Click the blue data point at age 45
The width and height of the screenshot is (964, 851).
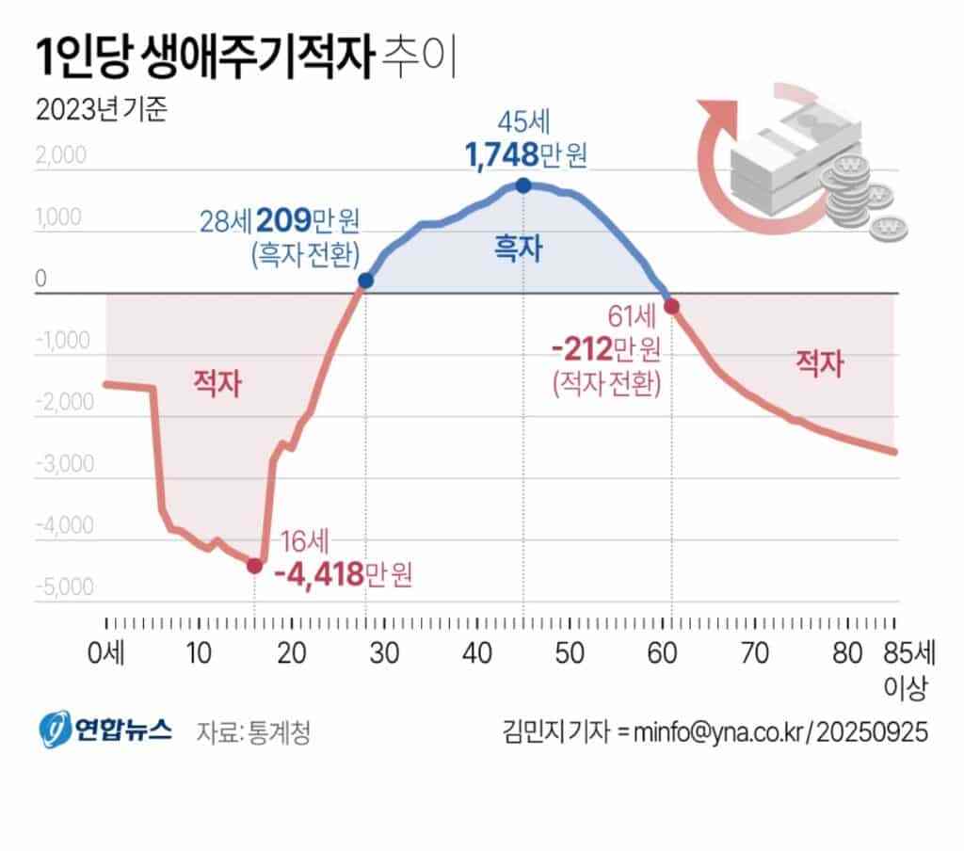523,185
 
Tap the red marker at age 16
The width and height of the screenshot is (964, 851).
254,565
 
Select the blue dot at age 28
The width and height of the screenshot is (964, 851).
365,281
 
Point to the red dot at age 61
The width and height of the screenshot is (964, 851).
671,306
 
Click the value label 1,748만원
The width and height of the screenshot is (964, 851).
525,153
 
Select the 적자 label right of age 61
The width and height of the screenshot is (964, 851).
819,362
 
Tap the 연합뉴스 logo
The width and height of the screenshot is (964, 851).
104,730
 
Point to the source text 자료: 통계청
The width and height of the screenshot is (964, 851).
253,731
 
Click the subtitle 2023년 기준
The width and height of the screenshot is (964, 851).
101,112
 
